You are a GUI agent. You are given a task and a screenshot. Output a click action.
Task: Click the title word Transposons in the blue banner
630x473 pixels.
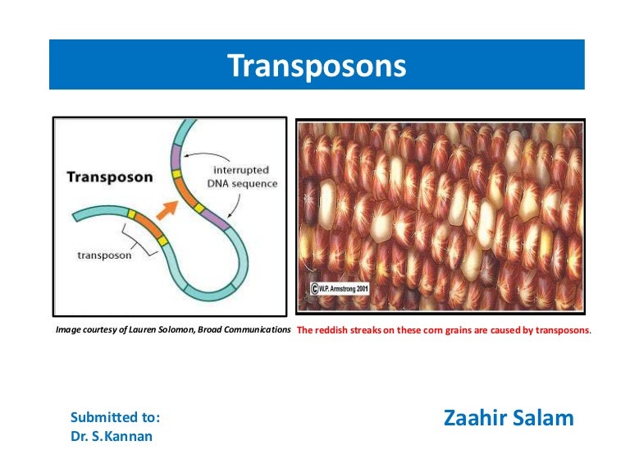tap(316, 66)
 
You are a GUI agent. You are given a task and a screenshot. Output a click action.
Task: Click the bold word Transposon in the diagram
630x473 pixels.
tap(109, 177)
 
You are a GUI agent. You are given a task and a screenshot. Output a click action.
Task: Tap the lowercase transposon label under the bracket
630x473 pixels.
tap(105, 255)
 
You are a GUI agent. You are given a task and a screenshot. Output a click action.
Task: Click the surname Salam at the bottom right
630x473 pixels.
tap(546, 418)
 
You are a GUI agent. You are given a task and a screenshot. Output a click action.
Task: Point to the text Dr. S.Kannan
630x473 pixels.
tap(112, 436)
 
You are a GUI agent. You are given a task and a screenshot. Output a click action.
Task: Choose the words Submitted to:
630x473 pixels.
tap(115, 417)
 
